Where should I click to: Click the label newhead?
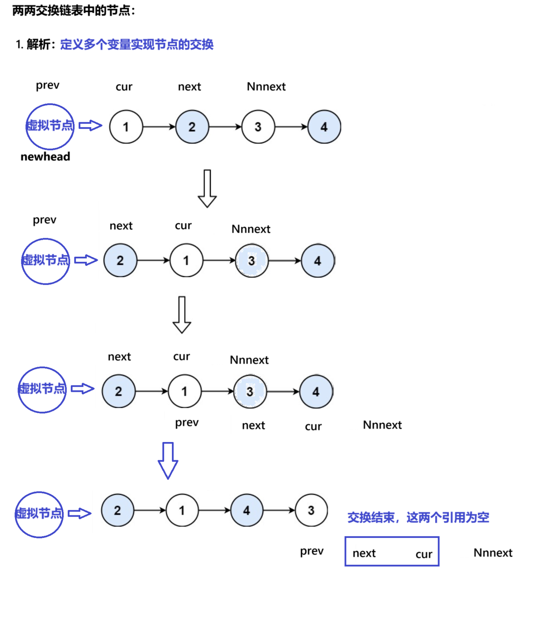coord(45,157)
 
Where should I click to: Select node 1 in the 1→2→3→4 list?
coord(126,127)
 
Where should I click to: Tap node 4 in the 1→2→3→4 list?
coord(324,127)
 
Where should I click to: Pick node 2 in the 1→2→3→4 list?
coord(192,127)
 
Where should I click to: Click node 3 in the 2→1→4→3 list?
coord(311,510)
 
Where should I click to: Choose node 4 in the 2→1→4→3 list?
coord(247,510)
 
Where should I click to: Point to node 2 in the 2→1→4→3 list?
coord(117,510)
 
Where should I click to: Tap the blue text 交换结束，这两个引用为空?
coord(418,517)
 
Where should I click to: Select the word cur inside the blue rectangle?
coord(424,554)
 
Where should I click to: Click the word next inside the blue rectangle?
coord(364,553)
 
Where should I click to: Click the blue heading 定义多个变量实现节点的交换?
coord(137,44)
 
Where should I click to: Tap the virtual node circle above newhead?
coord(50,126)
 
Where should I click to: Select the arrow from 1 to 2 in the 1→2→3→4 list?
coord(159,127)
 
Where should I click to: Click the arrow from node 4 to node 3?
coord(279,510)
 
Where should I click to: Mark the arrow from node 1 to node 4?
coord(214,510)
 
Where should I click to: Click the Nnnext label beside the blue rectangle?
coord(493,553)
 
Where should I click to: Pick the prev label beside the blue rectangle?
coord(312,551)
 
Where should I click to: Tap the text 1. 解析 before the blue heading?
coord(35,44)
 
